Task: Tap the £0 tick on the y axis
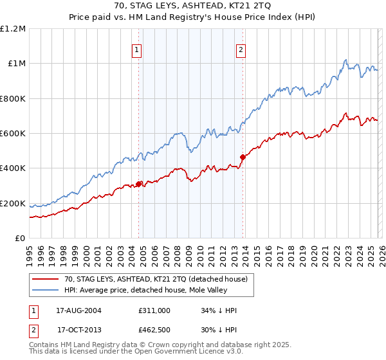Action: pyautogui.click(x=21, y=239)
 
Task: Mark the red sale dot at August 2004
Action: pyautogui.click(x=138, y=184)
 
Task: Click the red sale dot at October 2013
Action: pyautogui.click(x=243, y=157)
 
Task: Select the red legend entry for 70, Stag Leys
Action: pyautogui.click(x=160, y=278)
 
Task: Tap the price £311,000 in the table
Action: pyautogui.click(x=154, y=310)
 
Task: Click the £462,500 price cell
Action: pyautogui.click(x=154, y=329)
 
